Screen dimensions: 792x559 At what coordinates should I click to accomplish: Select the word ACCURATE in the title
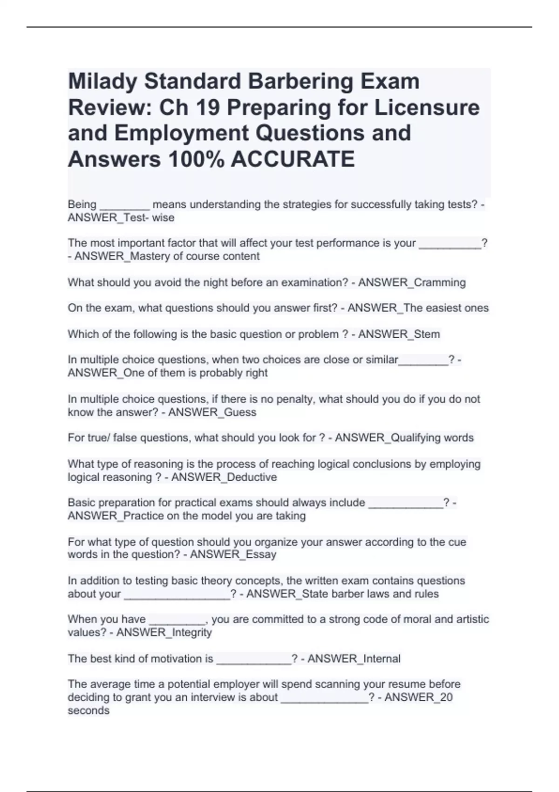click(293, 159)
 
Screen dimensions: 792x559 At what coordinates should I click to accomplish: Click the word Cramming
click(439, 282)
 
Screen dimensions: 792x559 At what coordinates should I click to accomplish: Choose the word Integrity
click(191, 632)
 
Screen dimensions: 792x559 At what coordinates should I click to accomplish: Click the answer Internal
click(382, 658)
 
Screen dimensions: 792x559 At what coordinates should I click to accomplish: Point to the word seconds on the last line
click(89, 710)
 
